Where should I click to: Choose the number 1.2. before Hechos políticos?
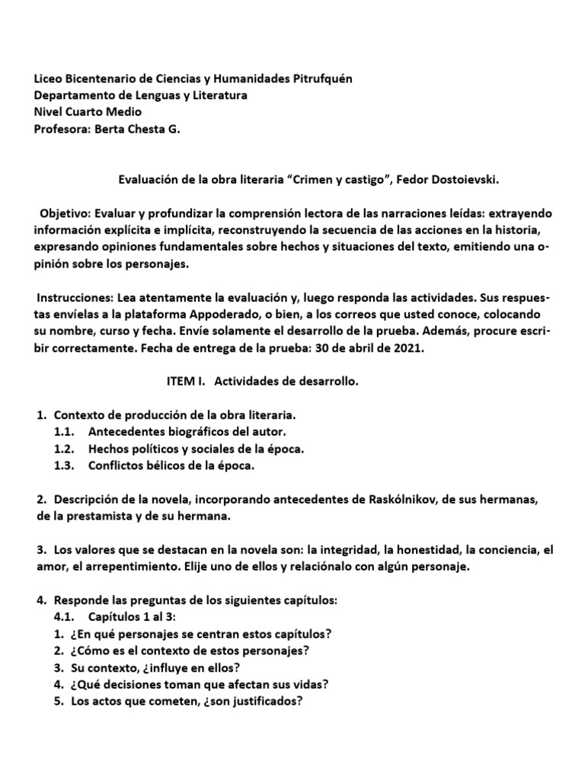click(64, 449)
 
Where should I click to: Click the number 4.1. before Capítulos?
click(64, 617)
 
